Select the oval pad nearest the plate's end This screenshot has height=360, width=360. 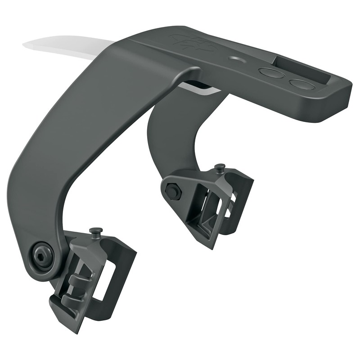(x=301, y=84)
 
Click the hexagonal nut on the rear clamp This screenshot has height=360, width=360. (x=173, y=192)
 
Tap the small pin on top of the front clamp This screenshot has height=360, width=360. (x=95, y=231)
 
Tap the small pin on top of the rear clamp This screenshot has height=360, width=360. (x=220, y=167)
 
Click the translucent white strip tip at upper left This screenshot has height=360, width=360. (x=36, y=45)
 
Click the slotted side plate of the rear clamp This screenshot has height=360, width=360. (x=234, y=202)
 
